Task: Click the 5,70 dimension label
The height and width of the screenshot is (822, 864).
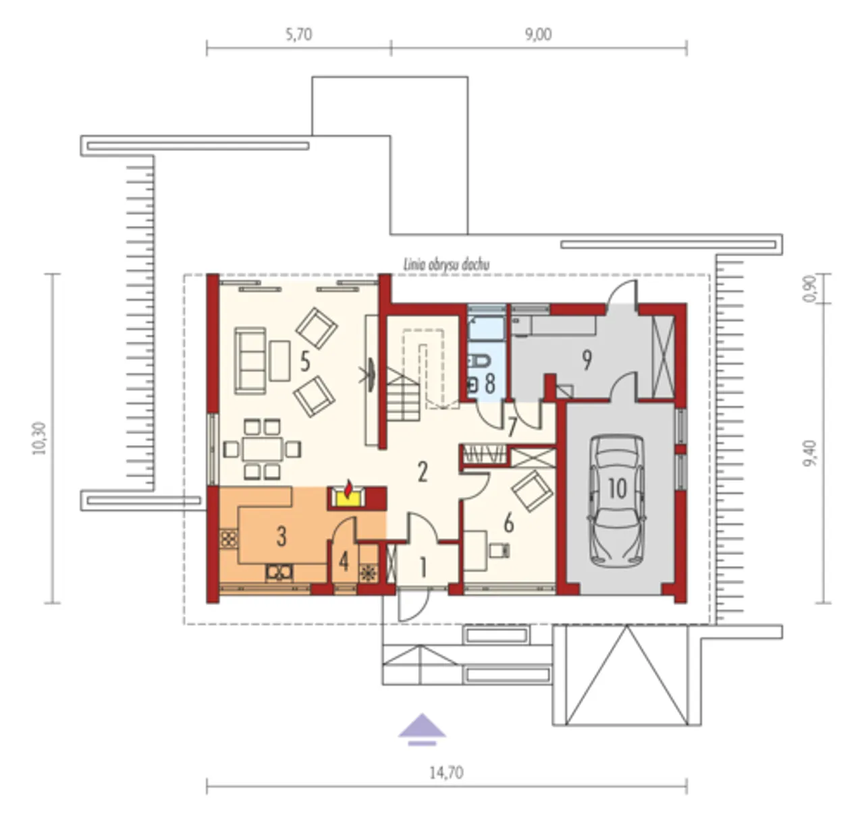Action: [x=299, y=34]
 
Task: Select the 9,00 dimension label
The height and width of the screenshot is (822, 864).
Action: [x=539, y=34]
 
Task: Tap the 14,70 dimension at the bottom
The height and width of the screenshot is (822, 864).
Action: [x=446, y=773]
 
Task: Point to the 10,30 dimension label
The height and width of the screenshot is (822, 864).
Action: [x=40, y=438]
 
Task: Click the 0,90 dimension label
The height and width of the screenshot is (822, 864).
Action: [x=809, y=289]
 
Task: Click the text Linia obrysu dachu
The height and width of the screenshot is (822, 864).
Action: [x=446, y=265]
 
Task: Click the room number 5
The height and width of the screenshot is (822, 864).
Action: [x=305, y=362]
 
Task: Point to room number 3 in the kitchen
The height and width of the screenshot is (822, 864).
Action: [x=281, y=536]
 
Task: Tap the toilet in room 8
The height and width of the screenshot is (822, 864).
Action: [x=479, y=361]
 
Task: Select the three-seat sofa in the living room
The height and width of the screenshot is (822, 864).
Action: [x=250, y=361]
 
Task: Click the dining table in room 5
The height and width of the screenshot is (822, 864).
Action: [x=263, y=449]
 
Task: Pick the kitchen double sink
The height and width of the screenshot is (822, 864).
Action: [x=279, y=572]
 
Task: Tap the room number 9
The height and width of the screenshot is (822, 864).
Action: [x=587, y=360]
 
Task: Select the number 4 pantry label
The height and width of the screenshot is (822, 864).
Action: [x=344, y=562]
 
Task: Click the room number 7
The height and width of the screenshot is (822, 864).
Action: [x=512, y=428]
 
